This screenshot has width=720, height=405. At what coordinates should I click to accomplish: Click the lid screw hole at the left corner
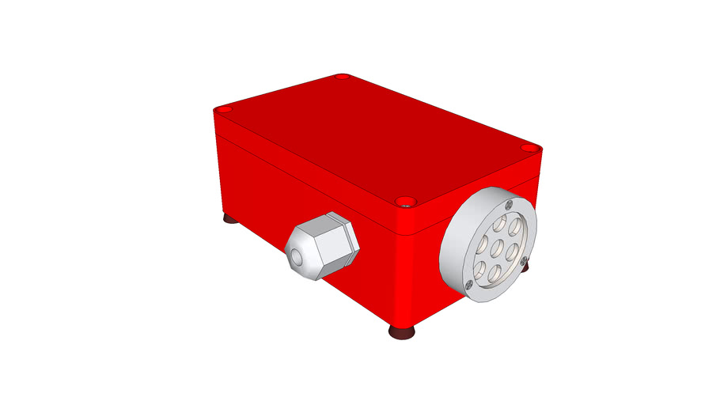coord(224,108)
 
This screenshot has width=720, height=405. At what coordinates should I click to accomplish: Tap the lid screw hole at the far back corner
coord(342,77)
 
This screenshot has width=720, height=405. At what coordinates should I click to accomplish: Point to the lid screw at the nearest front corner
coord(404,201)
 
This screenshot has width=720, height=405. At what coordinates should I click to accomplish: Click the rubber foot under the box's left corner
coord(229,218)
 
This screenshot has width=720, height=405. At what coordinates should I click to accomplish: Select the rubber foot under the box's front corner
coord(402,332)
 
